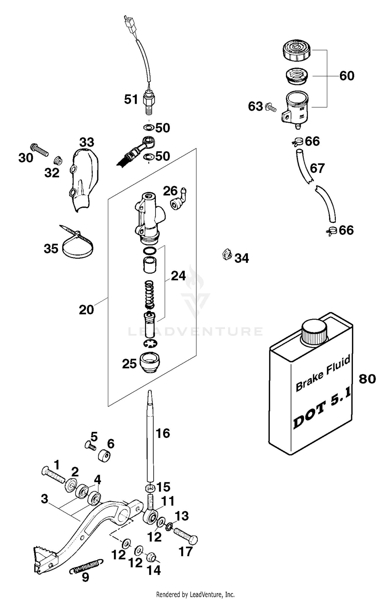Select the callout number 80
click(x=367, y=379)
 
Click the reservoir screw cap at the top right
click(x=297, y=50)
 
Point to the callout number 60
click(x=347, y=76)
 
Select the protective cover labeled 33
click(x=84, y=177)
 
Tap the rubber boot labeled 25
click(x=150, y=363)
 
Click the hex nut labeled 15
click(x=150, y=487)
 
